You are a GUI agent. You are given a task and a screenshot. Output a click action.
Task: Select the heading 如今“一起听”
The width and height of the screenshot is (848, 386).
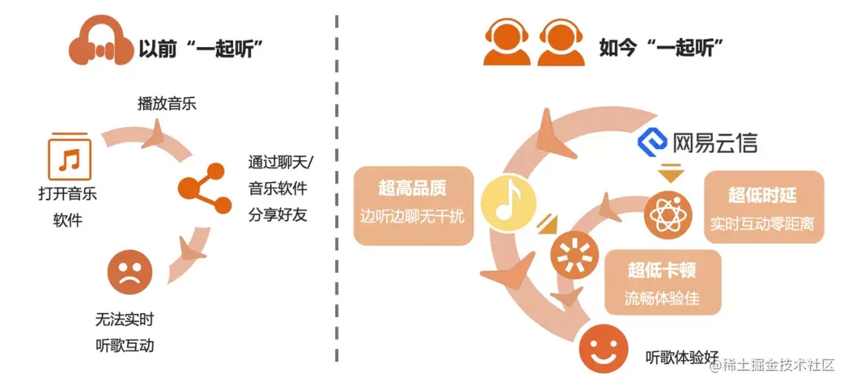pyautogui.click(x=660, y=49)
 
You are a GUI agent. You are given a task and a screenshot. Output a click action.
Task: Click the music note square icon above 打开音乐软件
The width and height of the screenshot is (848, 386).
pyautogui.click(x=70, y=155)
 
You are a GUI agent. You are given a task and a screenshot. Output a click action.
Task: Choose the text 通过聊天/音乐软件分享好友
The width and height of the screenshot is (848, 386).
pyautogui.click(x=279, y=188)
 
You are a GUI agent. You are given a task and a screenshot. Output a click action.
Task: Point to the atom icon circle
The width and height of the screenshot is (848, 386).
pyautogui.click(x=667, y=216)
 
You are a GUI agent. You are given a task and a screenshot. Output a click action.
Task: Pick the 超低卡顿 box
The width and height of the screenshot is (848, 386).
pyautogui.click(x=661, y=284)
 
